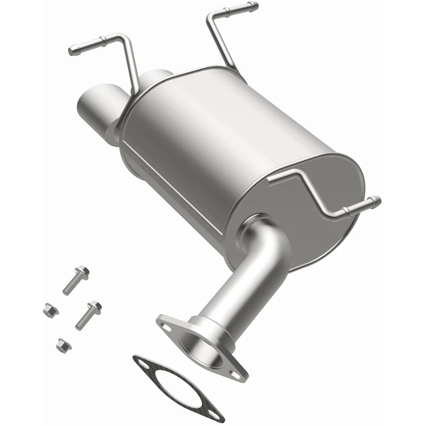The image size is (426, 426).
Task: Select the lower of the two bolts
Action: tap(88, 315)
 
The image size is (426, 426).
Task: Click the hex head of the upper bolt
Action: tap(83, 271)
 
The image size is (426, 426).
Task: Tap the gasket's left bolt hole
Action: tap(144, 363)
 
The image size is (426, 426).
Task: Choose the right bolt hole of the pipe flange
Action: tap(240, 373)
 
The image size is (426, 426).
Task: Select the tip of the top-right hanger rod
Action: tap(255, 6)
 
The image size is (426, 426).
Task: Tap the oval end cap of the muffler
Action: tap(306, 195)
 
